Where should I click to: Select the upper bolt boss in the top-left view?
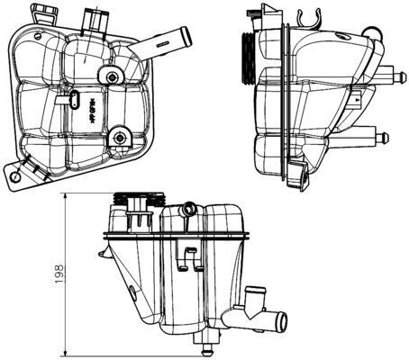[112, 77]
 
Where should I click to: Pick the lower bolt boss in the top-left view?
[119, 138]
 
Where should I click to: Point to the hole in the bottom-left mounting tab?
[19, 178]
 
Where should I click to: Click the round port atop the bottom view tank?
[187, 210]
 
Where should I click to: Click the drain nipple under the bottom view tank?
[209, 346]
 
